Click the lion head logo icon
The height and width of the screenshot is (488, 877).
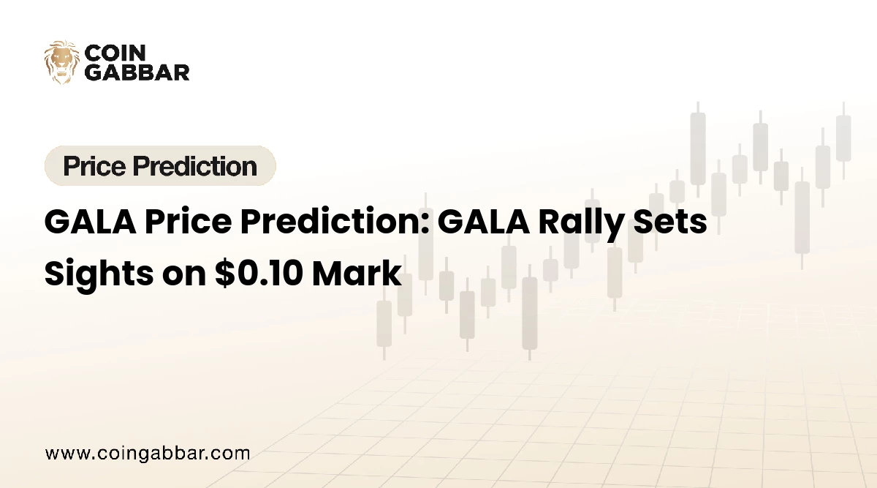[61, 62]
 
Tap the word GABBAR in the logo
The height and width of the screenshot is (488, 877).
[137, 72]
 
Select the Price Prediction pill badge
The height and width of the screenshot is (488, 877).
[160, 166]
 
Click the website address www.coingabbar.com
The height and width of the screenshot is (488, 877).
[148, 453]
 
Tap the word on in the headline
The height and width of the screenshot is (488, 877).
[180, 274]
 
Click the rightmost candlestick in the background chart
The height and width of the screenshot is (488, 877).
[843, 138]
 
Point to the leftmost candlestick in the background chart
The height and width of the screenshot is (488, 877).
[384, 322]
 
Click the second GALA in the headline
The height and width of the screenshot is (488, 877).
[483, 222]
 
